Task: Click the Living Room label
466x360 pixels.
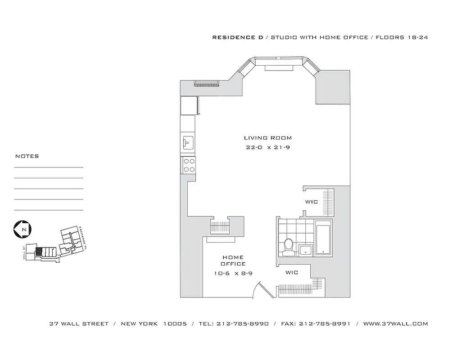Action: pos(267,138)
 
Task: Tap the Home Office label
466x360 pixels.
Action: pos(233,261)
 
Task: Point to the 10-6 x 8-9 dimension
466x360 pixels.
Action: pos(233,274)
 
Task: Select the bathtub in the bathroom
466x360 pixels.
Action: pos(323,237)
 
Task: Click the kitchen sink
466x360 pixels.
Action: pos(188,143)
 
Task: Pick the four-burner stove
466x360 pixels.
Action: pos(189,165)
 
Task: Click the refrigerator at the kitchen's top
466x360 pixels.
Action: pos(189,106)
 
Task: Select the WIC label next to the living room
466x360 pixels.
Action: pos(312,202)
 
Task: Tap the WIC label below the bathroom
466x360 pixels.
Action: pos(291,273)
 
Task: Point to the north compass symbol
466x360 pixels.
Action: pos(22,229)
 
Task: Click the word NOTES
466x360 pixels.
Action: pos(27,157)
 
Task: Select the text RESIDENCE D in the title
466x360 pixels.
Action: pos(238,38)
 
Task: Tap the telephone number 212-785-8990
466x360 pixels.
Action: pos(243,324)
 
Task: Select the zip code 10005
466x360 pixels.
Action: pos(175,324)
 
